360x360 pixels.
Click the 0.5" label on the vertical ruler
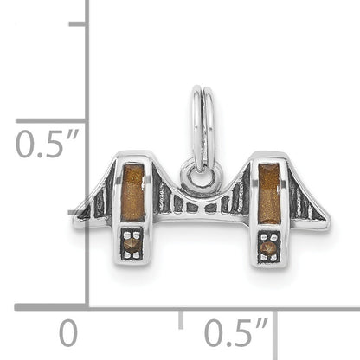(x=47, y=144)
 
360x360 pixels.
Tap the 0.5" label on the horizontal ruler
(x=236, y=331)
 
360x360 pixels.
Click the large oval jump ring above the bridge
(x=202, y=128)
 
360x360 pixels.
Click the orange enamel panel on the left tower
(x=133, y=192)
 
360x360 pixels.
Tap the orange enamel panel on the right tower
(x=269, y=193)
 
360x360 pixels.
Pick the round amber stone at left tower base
(x=132, y=245)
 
